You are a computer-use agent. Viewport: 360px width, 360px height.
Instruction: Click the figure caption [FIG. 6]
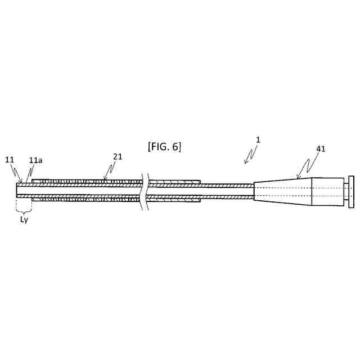coord(164,147)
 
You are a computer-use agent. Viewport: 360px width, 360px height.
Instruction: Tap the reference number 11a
coord(35,160)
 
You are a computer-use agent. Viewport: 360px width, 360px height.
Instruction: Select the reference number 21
coord(117,157)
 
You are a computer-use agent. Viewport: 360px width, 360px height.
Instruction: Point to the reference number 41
coord(321,149)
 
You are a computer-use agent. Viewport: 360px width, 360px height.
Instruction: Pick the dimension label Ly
coord(24,219)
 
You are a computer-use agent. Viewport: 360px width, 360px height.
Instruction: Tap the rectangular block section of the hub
coord(327,191)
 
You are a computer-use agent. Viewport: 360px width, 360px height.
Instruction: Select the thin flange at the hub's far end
coord(351,191)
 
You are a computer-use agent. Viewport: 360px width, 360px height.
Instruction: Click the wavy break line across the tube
coord(146,191)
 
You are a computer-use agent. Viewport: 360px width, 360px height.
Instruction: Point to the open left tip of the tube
coord(19,190)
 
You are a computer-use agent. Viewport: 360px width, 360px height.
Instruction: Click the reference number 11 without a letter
coord(10,160)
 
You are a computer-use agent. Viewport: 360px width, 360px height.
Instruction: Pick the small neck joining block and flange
coord(345,191)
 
